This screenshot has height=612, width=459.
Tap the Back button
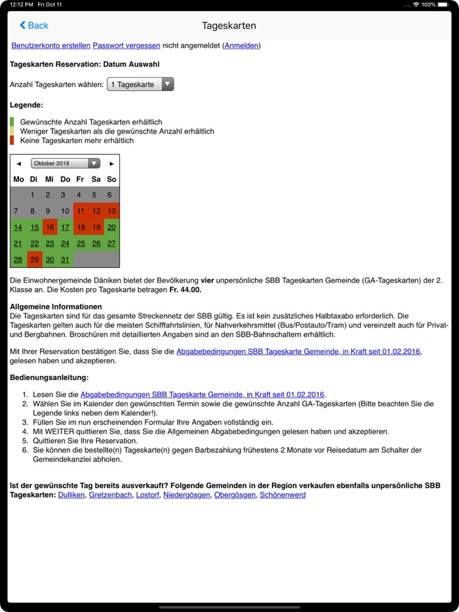click(x=34, y=26)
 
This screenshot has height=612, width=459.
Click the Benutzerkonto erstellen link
click(x=50, y=46)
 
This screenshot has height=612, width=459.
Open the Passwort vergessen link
click(x=127, y=46)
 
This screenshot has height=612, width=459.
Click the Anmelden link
click(x=241, y=46)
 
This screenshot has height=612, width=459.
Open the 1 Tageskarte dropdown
click(x=140, y=85)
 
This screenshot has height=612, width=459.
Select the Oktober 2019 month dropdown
click(x=66, y=163)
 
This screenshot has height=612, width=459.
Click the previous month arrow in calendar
click(x=18, y=163)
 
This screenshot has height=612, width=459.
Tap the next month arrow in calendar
click(x=111, y=163)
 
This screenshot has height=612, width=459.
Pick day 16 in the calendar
click(x=49, y=227)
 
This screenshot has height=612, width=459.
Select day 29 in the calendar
click(x=34, y=259)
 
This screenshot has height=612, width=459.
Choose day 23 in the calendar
click(x=49, y=244)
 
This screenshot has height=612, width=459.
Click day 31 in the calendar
click(x=65, y=259)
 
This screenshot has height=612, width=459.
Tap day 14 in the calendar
click(x=18, y=227)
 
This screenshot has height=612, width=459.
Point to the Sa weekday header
click(x=96, y=179)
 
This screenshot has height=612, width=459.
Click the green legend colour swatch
click(x=12, y=122)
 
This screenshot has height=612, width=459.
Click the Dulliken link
click(x=71, y=495)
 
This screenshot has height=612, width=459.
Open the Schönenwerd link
click(x=283, y=495)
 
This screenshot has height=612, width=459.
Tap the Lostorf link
click(x=148, y=495)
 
